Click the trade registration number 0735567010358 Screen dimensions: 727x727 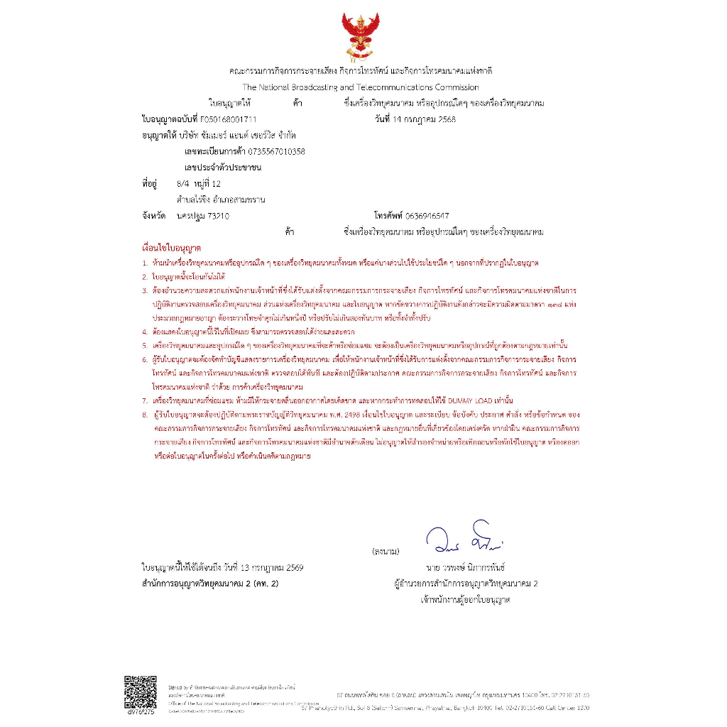[x=274, y=151]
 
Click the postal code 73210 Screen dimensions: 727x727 [x=218, y=216]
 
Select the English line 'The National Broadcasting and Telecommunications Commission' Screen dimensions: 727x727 [x=361, y=87]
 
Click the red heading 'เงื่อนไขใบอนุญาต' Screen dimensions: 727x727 [x=172, y=249]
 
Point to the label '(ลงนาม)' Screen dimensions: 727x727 [x=386, y=551]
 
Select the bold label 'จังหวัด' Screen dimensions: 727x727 [x=154, y=216]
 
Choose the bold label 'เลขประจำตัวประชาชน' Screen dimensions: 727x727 [x=222, y=168]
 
